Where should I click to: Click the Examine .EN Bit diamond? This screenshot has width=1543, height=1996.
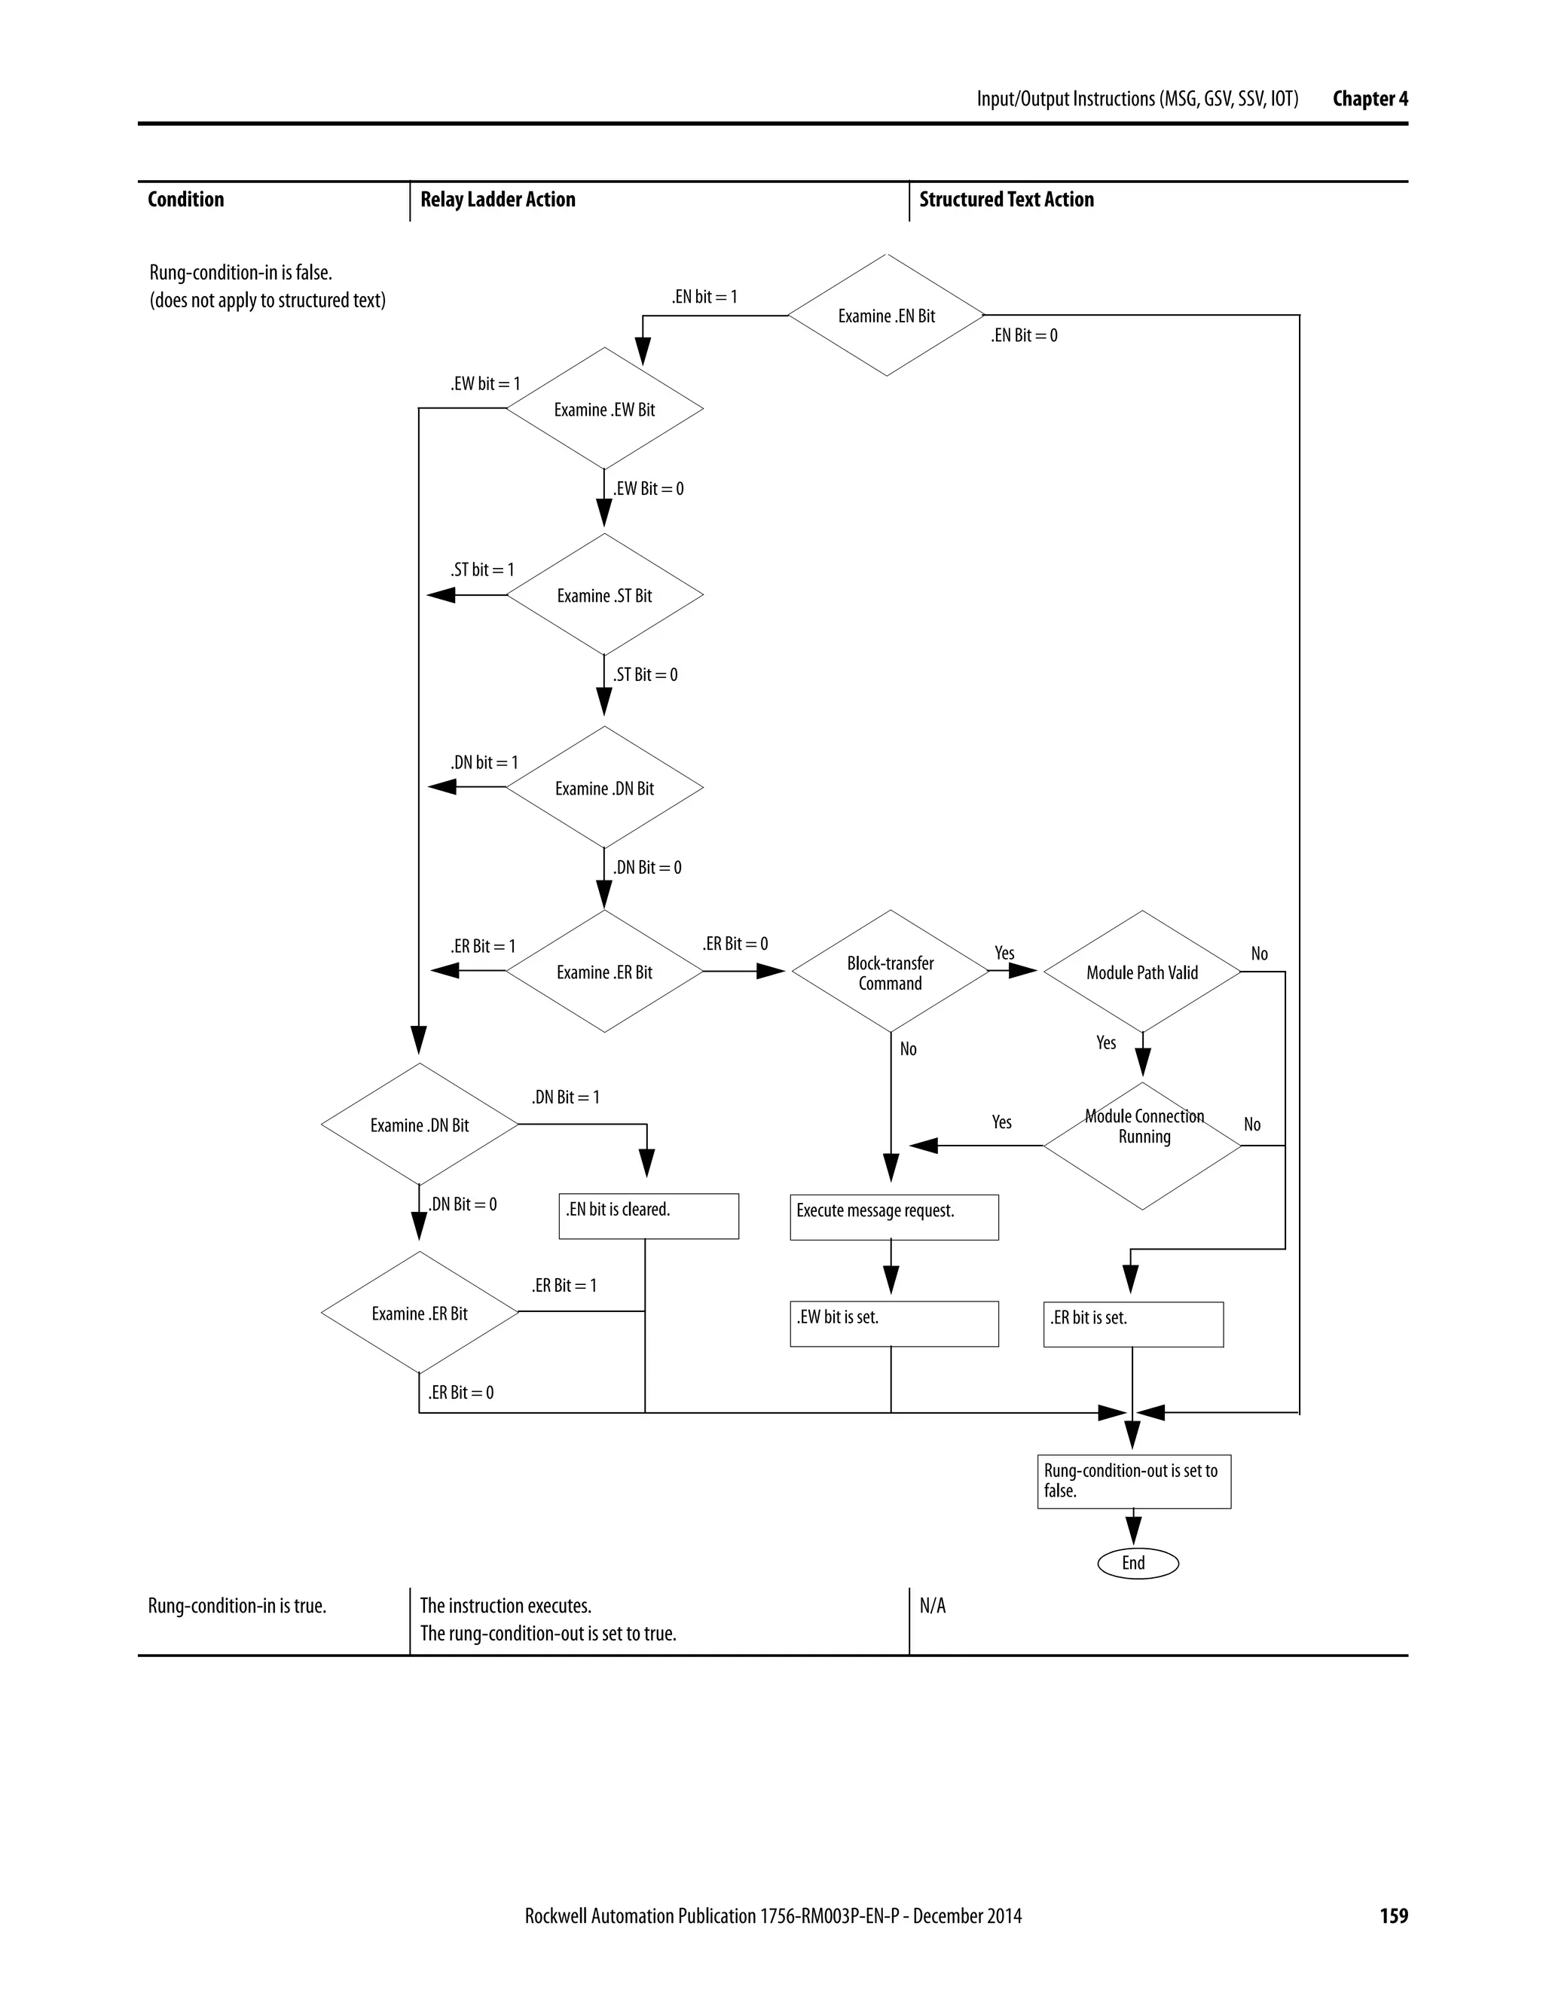point(886,316)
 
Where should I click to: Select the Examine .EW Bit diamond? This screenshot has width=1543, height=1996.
point(604,410)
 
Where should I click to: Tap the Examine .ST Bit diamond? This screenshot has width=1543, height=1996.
point(604,595)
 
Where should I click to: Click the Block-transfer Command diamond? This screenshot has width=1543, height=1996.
point(890,972)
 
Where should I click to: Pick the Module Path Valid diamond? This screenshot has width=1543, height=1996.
point(1141,972)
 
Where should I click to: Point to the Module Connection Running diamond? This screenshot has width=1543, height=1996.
point(1143,1145)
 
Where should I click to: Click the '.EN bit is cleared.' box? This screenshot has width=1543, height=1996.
point(648,1216)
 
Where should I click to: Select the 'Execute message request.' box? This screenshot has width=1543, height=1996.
point(893,1216)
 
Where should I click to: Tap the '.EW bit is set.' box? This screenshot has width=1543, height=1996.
point(893,1323)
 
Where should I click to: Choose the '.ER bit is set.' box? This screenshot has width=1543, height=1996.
point(1132,1324)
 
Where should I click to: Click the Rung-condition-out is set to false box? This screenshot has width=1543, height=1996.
point(1133,1481)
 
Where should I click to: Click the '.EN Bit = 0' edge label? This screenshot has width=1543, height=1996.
point(1024,335)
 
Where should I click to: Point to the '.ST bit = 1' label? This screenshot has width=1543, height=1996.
point(481,569)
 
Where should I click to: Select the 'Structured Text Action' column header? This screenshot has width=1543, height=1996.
point(1006,200)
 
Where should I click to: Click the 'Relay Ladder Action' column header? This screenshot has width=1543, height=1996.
point(497,200)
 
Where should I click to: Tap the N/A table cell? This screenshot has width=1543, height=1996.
point(933,1606)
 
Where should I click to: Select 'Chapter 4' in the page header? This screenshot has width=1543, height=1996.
point(1369,99)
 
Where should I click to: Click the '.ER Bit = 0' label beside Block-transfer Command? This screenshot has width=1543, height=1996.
point(735,943)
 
